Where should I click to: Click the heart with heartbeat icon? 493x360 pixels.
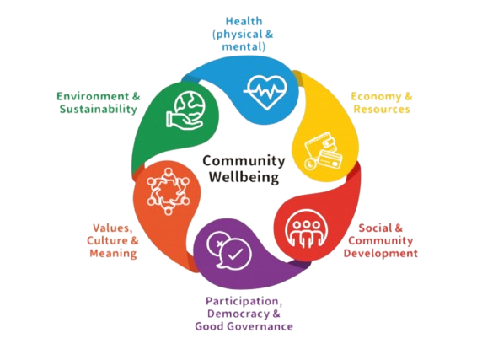(x=266, y=92)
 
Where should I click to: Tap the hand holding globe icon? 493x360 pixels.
(x=185, y=110)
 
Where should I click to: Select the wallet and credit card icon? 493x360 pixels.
(x=323, y=151)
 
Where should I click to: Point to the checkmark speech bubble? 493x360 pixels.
(x=236, y=254)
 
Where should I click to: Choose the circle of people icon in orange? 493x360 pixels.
(x=169, y=191)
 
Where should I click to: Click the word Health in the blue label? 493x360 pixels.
(x=244, y=21)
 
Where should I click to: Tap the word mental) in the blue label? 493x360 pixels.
(x=244, y=47)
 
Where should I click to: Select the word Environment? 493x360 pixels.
(x=93, y=96)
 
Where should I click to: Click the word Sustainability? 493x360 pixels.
(x=99, y=109)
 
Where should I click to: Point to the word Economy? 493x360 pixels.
(x=377, y=97)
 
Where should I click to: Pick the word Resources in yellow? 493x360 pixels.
(x=382, y=109)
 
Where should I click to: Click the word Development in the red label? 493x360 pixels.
(x=380, y=254)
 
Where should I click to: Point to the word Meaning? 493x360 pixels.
(x=113, y=254)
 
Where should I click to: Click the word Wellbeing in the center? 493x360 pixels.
(x=244, y=177)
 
